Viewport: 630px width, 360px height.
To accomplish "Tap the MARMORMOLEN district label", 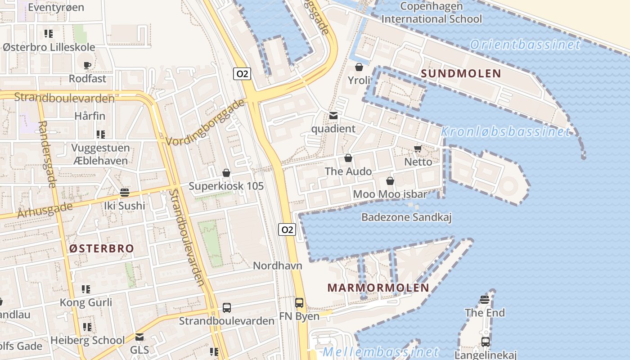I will point(378,288).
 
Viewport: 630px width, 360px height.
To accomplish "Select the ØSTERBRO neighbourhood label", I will point(102,248).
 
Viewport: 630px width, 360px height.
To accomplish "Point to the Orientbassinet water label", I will point(525,45).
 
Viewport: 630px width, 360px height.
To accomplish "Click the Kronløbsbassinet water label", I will point(505,131).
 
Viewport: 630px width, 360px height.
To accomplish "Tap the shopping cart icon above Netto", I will point(418,149).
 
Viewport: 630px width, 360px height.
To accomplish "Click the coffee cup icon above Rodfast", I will point(87,66).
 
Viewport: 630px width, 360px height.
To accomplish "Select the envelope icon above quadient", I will point(333,116).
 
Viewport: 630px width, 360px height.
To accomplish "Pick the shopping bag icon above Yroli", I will point(359,67).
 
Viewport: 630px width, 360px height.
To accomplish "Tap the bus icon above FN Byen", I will point(299,303).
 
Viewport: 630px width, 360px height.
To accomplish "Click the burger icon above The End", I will point(485,300).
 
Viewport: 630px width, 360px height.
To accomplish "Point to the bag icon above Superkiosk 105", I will point(226,173).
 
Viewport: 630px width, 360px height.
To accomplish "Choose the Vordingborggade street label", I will point(205,123).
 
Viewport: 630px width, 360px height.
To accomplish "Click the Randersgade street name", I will point(47,154).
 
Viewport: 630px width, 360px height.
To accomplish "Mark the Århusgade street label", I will point(45,210).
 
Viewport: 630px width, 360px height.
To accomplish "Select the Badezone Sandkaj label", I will point(406,217).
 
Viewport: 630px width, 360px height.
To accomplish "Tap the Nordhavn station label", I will point(277,265).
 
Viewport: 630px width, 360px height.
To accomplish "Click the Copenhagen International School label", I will point(432,13).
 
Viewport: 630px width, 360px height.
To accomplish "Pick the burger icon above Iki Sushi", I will point(125,193).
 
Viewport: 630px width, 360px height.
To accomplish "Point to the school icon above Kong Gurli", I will point(86,289).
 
